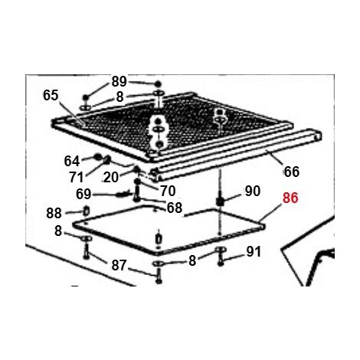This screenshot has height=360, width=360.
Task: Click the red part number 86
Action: (x=290, y=198)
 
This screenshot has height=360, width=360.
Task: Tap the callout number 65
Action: (x=51, y=96)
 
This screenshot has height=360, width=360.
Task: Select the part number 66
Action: (x=292, y=172)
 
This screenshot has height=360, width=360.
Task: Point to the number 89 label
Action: (x=119, y=81)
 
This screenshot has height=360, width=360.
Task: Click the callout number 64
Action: (x=72, y=162)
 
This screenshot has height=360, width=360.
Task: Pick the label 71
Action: (x=77, y=177)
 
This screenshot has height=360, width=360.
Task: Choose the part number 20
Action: (x=111, y=177)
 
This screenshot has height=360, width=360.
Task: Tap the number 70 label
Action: (x=168, y=191)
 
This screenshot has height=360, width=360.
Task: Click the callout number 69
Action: (x=83, y=195)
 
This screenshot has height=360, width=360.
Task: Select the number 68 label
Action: (x=175, y=208)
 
